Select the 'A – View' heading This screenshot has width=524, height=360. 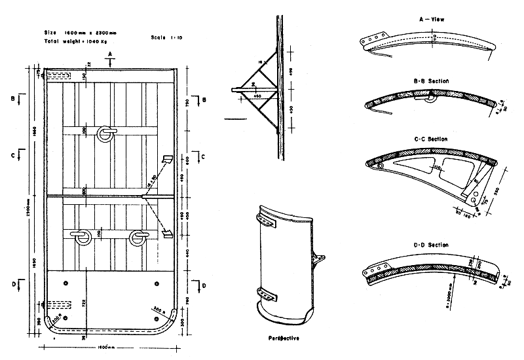coord(432,20)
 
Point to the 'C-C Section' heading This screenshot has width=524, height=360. coord(431,139)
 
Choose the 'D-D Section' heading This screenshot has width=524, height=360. coord(431,244)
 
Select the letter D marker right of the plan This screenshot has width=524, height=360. coord(204,285)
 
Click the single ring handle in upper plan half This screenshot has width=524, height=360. coord(105,134)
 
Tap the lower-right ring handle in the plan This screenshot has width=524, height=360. coord(138,236)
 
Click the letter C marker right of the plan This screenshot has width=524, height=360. coord(204,156)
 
